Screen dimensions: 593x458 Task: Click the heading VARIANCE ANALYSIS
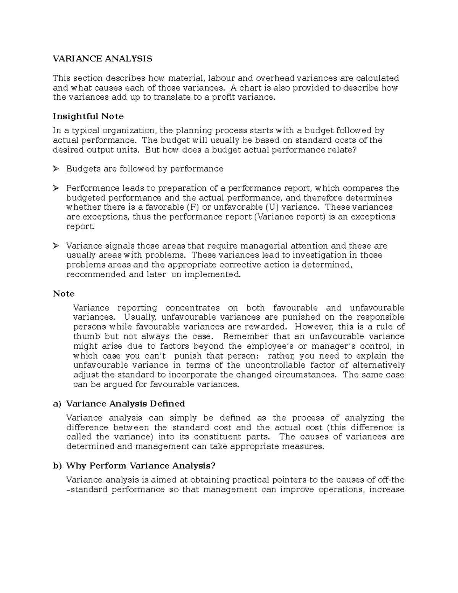point(102,59)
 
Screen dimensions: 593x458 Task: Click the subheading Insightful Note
point(88,116)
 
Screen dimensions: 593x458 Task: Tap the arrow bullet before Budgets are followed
point(56,169)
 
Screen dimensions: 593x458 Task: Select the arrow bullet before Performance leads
point(56,188)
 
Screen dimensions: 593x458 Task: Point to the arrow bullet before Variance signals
point(56,246)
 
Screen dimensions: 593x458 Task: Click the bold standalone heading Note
point(64,294)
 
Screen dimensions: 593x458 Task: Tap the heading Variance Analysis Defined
point(126,404)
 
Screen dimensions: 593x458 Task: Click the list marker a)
point(57,404)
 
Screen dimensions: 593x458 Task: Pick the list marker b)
point(57,466)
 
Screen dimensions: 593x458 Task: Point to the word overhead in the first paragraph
point(275,78)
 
